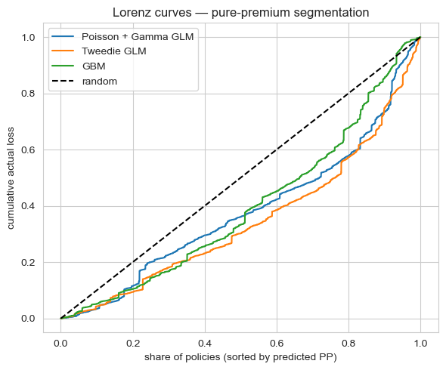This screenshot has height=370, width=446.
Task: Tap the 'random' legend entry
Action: [98, 82]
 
